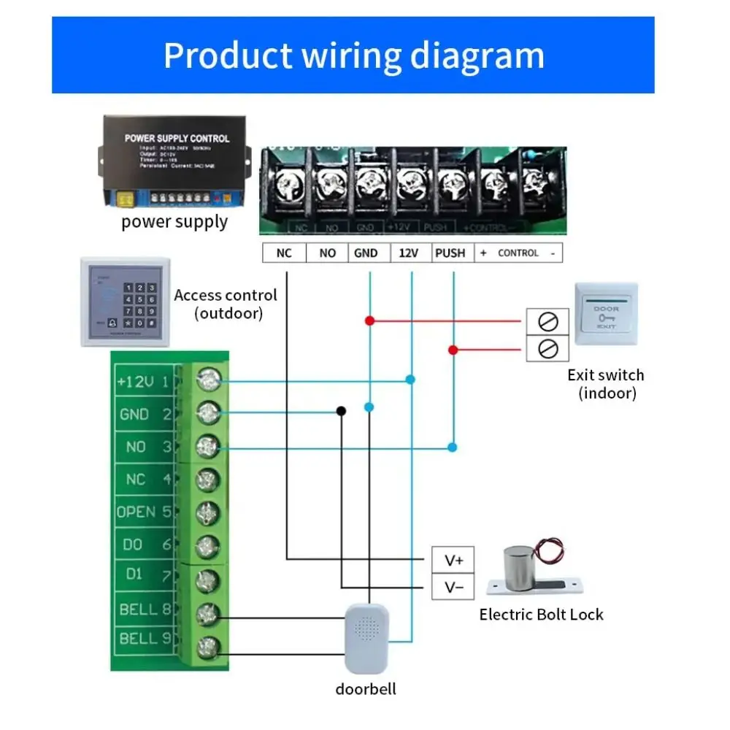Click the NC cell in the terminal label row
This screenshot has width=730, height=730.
point(284,253)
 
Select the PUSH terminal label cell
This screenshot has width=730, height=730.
point(450,253)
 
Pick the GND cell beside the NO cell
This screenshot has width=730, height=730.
point(366,253)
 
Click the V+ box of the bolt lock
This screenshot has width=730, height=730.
point(454,560)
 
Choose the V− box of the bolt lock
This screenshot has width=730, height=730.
point(454,588)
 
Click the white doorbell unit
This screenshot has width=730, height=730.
point(367,637)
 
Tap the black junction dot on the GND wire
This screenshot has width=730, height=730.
point(341,411)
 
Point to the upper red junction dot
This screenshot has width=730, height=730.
point(370,320)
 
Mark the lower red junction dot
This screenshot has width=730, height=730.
point(453,350)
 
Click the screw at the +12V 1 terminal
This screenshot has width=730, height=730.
point(209,380)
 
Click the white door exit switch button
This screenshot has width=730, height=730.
point(606,314)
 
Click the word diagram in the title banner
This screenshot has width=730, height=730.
point(475,56)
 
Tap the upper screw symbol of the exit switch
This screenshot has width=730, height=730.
point(547,320)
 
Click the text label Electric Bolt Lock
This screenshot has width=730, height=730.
point(541,615)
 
